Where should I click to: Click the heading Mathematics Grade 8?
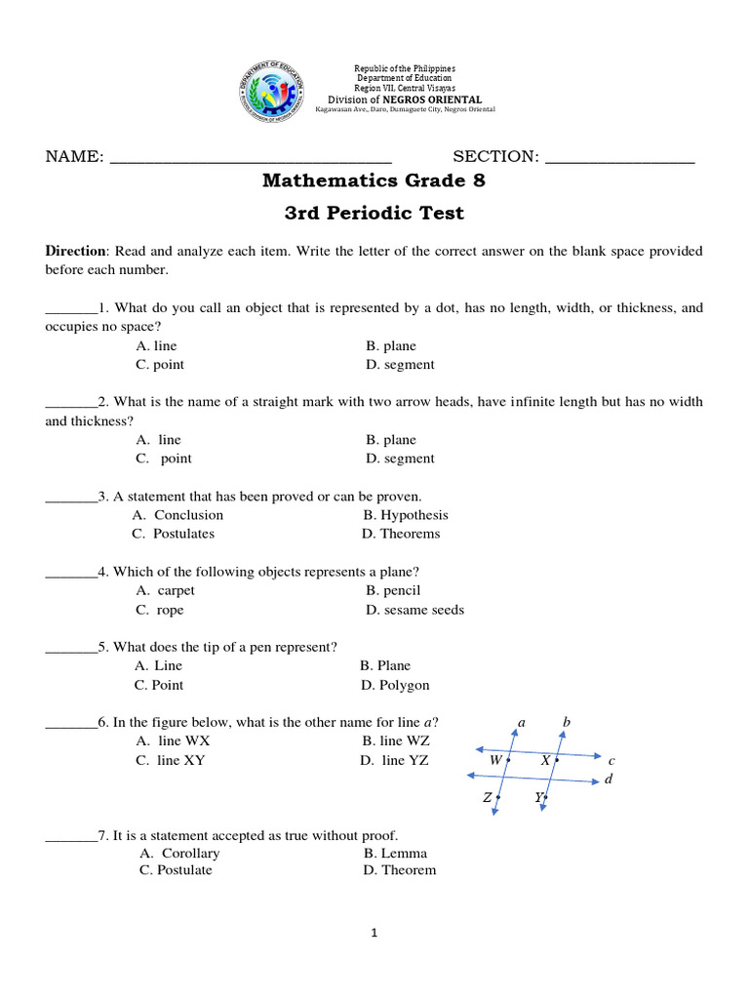[x=374, y=181]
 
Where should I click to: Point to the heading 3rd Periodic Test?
[x=374, y=214]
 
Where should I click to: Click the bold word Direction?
[x=76, y=251]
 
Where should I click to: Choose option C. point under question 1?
[x=160, y=365]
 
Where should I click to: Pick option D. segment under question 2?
[x=400, y=459]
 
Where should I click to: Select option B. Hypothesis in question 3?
[x=406, y=515]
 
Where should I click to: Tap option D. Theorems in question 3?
[x=401, y=534]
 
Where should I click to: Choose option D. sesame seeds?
[x=414, y=610]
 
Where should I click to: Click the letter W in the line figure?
[x=495, y=759]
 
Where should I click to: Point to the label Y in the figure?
[x=538, y=798]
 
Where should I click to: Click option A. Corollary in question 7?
[x=180, y=853]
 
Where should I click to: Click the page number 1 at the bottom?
[x=374, y=933]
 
